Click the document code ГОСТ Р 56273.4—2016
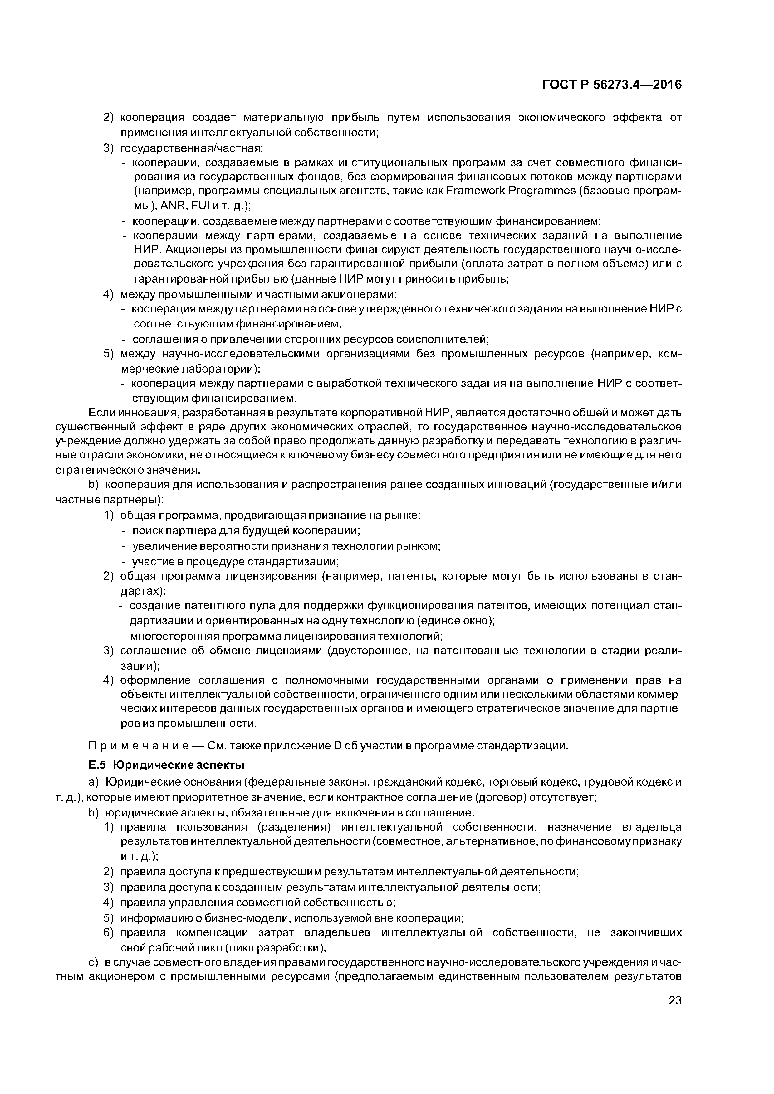coord(612,85)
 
